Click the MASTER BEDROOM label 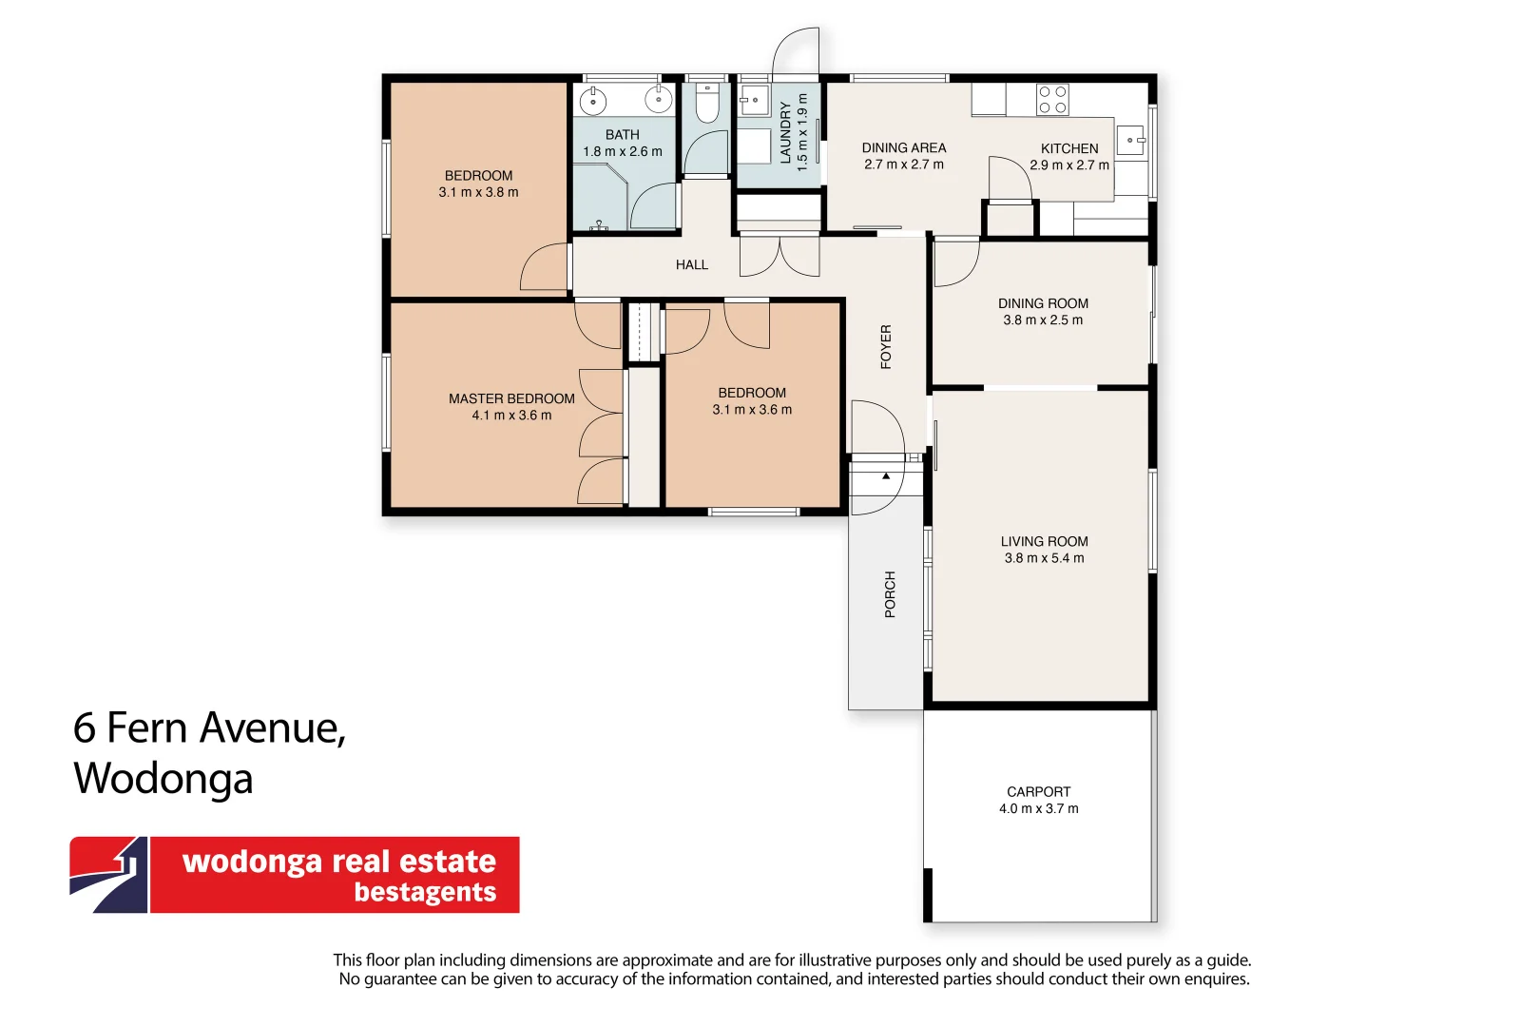click(x=511, y=398)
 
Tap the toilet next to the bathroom click(x=706, y=104)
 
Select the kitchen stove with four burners click(x=1052, y=100)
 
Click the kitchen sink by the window click(x=1129, y=141)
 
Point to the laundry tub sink click(x=754, y=100)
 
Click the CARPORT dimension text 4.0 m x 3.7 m click(x=1038, y=809)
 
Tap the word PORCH click(x=890, y=594)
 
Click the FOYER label click(x=886, y=347)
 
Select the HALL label click(x=691, y=265)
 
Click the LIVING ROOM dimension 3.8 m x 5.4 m click(x=1044, y=558)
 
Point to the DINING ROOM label click(x=1043, y=303)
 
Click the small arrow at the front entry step click(x=886, y=475)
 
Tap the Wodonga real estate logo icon click(x=108, y=875)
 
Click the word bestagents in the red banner click(x=425, y=892)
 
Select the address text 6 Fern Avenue click(x=209, y=728)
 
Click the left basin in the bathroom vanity click(x=592, y=100)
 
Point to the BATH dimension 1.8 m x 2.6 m click(x=623, y=151)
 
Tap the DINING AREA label click(x=903, y=147)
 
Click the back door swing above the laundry click(x=795, y=52)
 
